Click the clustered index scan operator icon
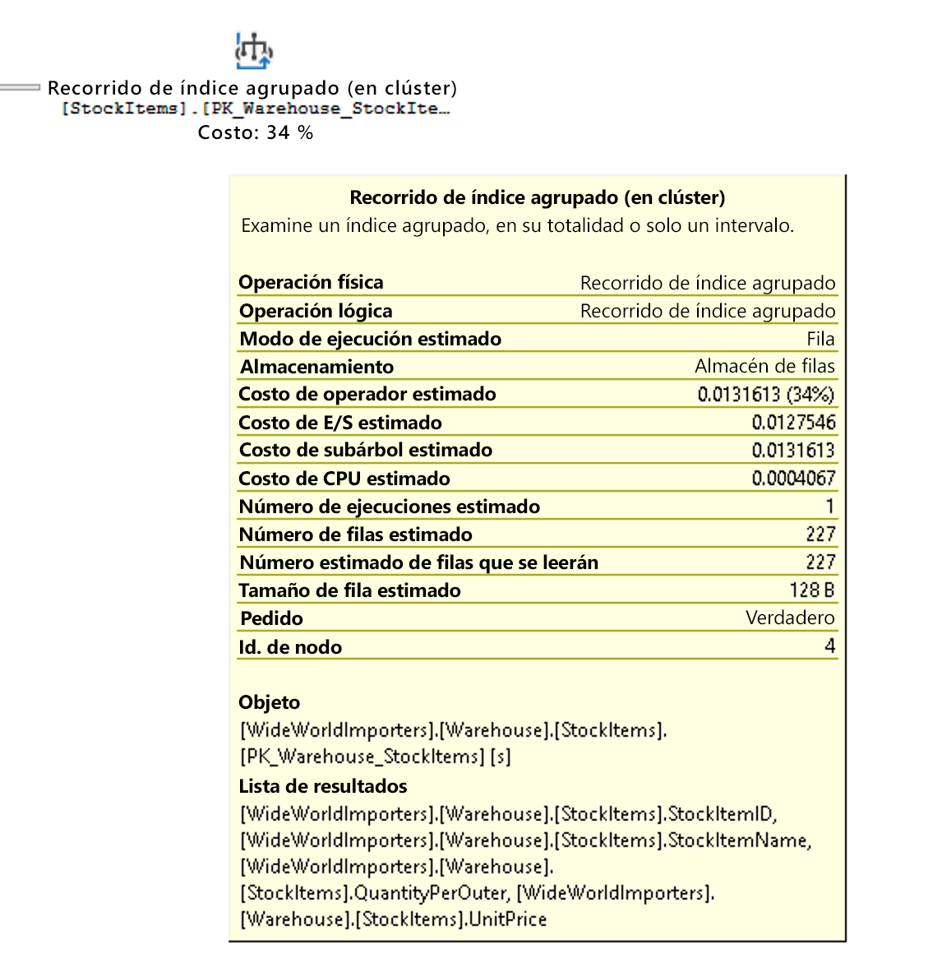tap(254, 51)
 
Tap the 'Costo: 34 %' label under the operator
tap(256, 133)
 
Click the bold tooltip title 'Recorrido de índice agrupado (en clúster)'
tap(537, 197)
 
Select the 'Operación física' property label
tap(311, 283)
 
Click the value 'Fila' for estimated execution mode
tap(820, 339)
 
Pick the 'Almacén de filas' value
tap(764, 367)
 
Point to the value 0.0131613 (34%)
tap(765, 395)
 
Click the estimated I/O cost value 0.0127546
tap(793, 423)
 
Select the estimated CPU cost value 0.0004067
tap(793, 479)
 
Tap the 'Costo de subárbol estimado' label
tap(365, 451)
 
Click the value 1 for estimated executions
tap(829, 507)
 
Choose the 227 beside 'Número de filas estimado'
tap(820, 535)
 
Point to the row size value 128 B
tap(811, 590)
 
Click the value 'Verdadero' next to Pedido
tap(789, 618)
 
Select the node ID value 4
tap(829, 646)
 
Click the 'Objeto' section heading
tap(269, 702)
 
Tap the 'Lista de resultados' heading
tap(322, 786)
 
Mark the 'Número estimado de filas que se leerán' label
tap(418, 562)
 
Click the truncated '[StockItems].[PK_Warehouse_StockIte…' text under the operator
tap(256, 109)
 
